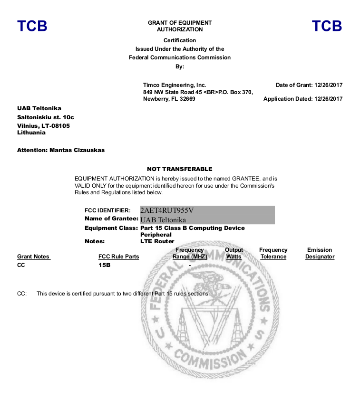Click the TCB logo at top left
(x=32, y=26)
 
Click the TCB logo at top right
(x=327, y=26)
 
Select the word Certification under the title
(x=180, y=40)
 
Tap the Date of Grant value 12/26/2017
(x=328, y=85)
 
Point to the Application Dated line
(x=303, y=99)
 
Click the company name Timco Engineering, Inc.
(x=175, y=85)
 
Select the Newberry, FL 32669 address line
(x=169, y=99)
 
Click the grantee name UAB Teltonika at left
(x=39, y=108)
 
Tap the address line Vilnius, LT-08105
(x=43, y=125)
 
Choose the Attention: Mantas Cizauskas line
(x=61, y=150)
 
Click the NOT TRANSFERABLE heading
(x=179, y=169)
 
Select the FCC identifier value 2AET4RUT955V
(x=167, y=210)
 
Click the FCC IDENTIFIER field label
(x=107, y=210)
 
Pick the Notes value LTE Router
(x=157, y=241)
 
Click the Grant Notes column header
(x=33, y=257)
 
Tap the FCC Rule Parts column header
(x=118, y=257)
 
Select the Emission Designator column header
(x=320, y=253)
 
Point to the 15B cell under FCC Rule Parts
(x=104, y=265)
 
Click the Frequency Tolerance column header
(x=273, y=253)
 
